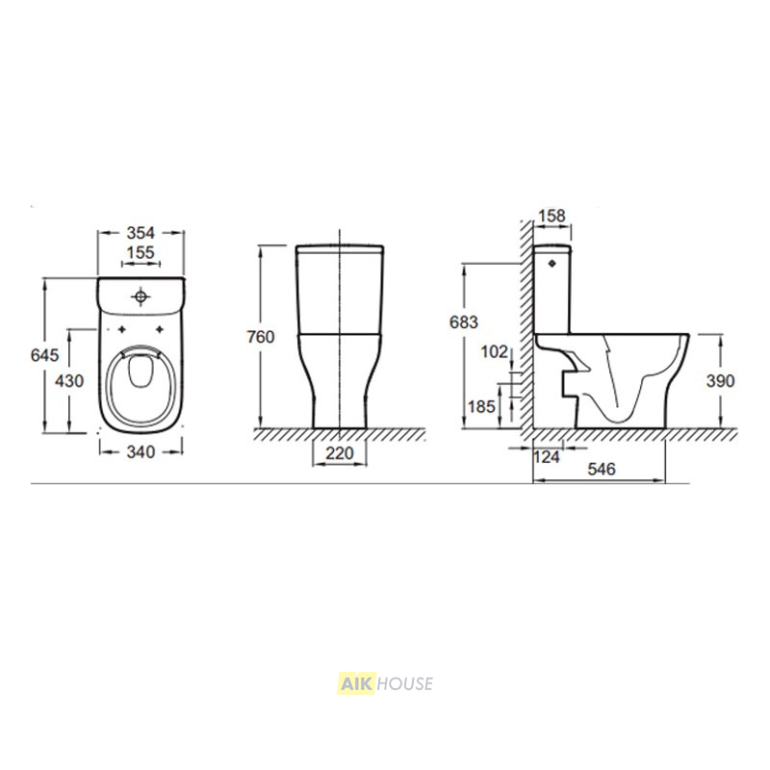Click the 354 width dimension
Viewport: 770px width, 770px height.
click(141, 233)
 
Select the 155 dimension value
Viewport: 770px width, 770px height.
click(141, 252)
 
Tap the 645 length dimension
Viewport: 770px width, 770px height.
click(44, 354)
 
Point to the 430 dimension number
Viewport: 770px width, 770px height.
click(69, 380)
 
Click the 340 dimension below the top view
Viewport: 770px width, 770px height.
click(141, 451)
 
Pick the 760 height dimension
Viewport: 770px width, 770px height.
click(260, 337)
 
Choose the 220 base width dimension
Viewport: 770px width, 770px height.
click(340, 452)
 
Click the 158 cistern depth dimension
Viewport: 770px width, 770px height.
click(552, 216)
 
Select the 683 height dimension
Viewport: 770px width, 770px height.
click(464, 322)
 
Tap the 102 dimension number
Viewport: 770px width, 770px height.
click(495, 351)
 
